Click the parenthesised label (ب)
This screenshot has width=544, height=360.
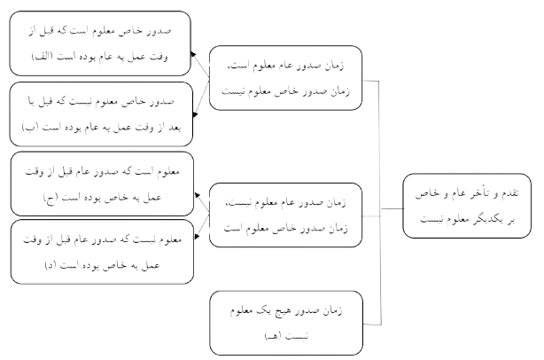pyautogui.click(x=32, y=126)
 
